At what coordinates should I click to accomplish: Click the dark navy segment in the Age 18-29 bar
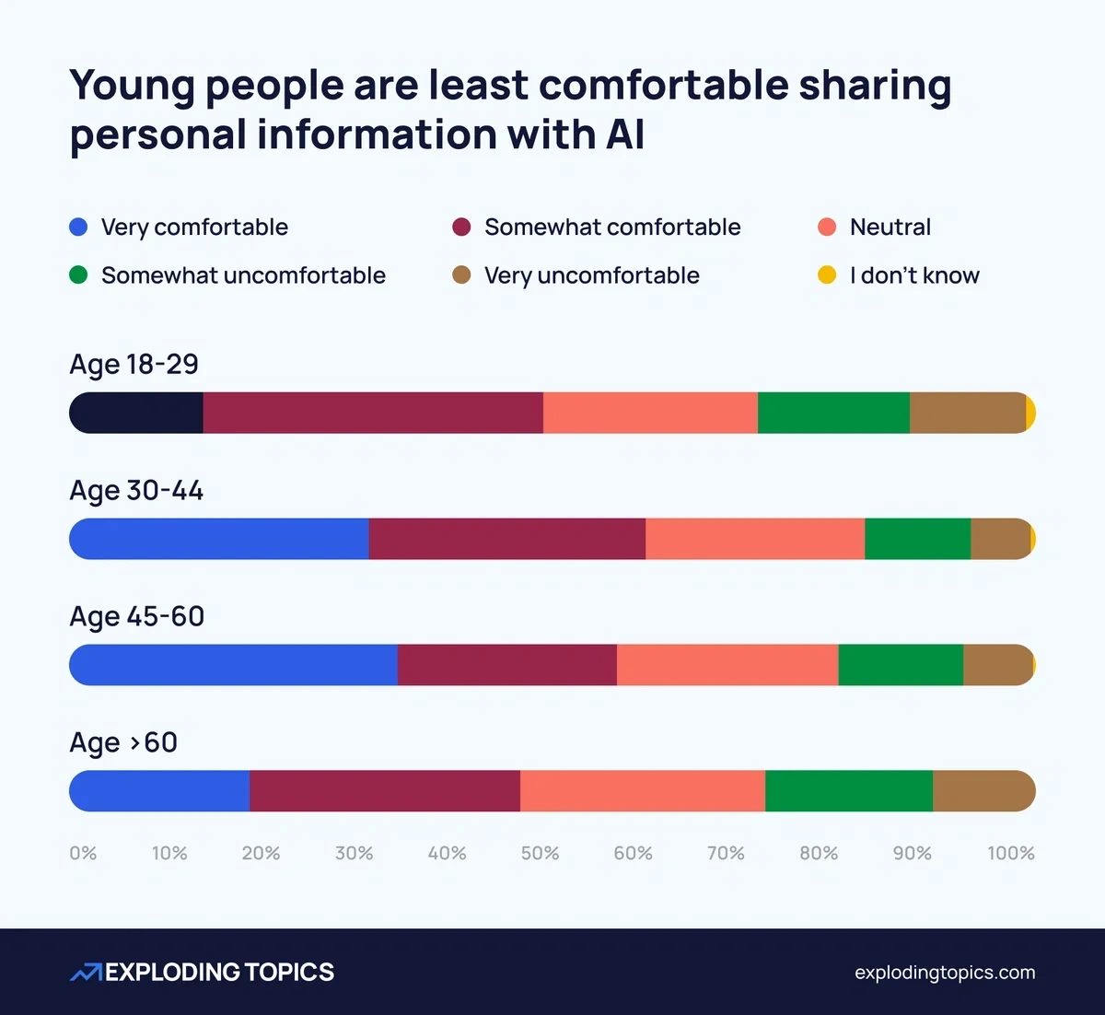point(136,413)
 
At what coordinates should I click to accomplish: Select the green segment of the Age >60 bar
point(848,791)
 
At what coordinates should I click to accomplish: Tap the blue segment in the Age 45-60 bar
point(234,665)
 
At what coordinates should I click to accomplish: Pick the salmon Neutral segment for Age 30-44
point(755,539)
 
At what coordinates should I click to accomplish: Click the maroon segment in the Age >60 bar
point(385,791)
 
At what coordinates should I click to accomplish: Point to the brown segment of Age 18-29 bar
point(968,413)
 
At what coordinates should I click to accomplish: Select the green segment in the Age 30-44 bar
point(917,539)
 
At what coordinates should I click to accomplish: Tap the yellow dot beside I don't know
point(827,275)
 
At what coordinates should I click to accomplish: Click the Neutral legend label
point(890,227)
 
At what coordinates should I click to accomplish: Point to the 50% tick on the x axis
point(540,854)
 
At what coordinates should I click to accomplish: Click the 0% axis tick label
point(83,854)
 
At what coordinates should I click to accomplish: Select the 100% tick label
point(1010,854)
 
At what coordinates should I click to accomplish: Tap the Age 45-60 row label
point(137,616)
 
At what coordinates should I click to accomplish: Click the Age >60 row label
point(123,742)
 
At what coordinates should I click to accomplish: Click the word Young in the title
point(133,86)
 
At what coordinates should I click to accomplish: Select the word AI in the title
point(624,134)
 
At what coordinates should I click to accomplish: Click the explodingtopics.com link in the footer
point(945,973)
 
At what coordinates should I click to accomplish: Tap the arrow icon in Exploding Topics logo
point(86,973)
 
